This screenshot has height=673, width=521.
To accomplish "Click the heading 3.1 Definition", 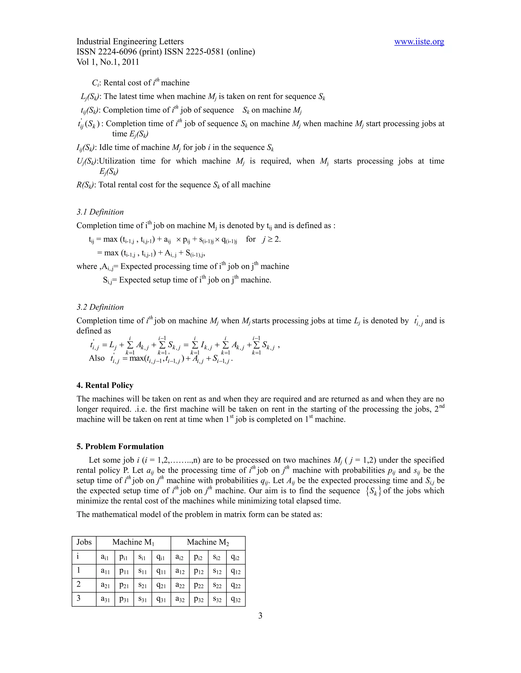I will (100, 212).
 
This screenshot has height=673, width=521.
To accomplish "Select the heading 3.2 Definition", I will (100, 307).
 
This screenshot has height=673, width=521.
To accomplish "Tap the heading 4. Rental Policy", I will (105, 386).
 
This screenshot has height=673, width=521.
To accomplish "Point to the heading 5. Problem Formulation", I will (120, 446).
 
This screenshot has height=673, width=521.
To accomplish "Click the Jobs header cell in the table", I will (84, 542).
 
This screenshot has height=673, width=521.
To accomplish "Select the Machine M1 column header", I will (133, 542).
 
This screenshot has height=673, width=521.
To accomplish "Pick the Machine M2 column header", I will (208, 542).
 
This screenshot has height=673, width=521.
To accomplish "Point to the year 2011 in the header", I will (130, 62).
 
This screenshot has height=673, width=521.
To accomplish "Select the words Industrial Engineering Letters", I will (130, 42).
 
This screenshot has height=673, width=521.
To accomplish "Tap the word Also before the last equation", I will (97, 358).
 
